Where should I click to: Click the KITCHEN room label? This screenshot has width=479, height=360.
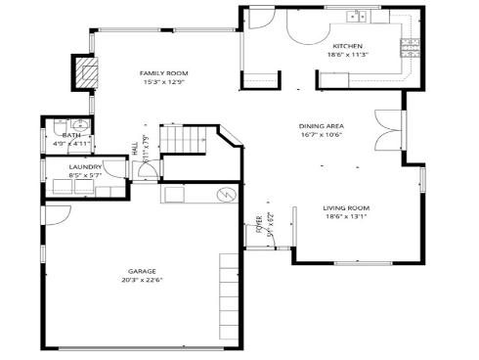(348, 46)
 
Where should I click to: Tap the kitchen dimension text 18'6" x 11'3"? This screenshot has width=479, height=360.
(348, 55)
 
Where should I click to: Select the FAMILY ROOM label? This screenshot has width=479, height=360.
(163, 73)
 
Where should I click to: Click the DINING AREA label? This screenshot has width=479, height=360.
(321, 126)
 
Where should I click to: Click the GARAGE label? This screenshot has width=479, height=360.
(143, 271)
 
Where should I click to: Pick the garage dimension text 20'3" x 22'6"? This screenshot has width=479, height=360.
(143, 280)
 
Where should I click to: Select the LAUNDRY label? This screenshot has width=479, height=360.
(86, 167)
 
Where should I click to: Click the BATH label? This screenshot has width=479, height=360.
(71, 135)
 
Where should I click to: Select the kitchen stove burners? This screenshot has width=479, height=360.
(412, 44)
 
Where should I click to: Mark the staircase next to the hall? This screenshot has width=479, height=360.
(182, 141)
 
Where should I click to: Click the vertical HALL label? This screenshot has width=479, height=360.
(135, 149)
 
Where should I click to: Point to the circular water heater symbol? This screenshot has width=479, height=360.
(226, 195)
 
